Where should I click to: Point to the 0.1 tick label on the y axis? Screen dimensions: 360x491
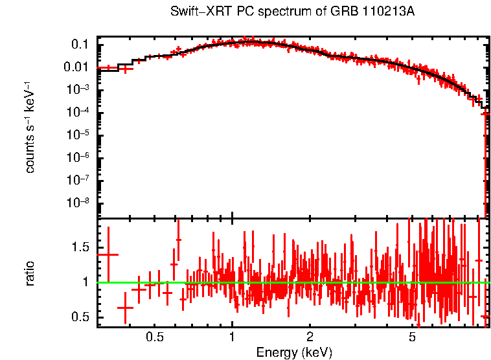(x=80, y=45)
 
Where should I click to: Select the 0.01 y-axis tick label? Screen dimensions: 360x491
(x=76, y=67)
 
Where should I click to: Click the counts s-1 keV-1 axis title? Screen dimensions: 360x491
(x=30, y=127)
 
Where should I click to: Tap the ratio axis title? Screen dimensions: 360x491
(x=30, y=273)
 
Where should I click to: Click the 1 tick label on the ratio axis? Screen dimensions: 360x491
(x=86, y=282)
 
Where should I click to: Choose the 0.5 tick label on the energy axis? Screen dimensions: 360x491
(x=154, y=337)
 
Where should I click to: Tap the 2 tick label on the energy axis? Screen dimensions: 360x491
(x=310, y=337)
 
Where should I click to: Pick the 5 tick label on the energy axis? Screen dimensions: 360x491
(x=412, y=337)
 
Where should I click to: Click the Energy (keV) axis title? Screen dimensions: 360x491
(x=294, y=352)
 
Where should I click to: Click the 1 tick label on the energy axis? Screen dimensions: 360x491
(x=232, y=337)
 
